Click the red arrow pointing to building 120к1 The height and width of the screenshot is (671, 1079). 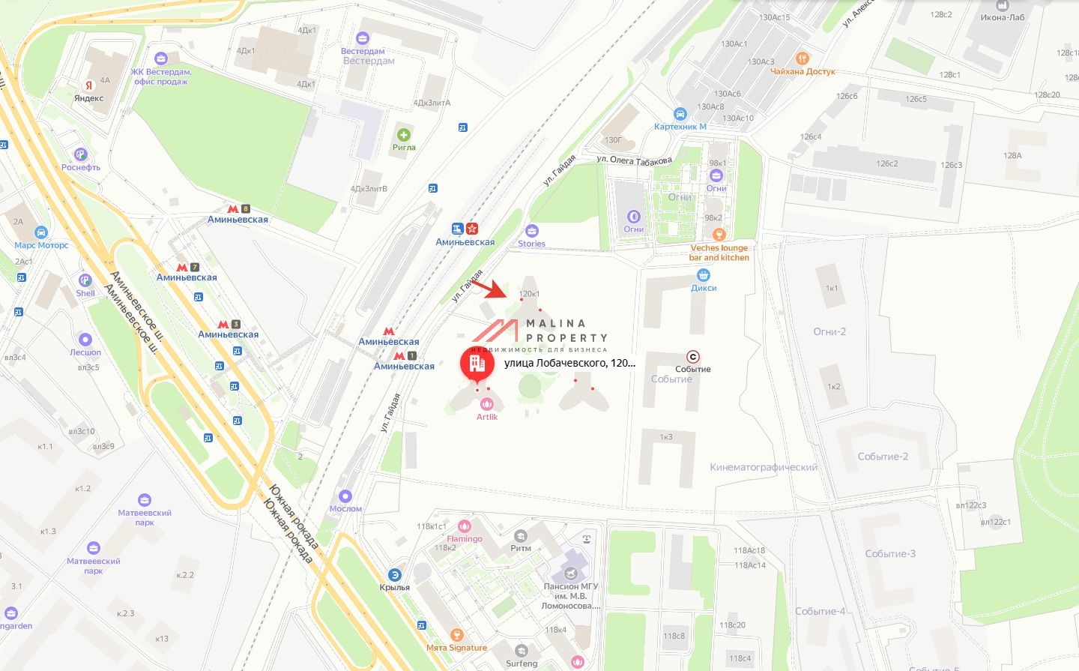(486, 288)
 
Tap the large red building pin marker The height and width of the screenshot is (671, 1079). (477, 364)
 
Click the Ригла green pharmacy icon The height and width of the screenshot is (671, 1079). (404, 135)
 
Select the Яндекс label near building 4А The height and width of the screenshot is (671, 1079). (88, 98)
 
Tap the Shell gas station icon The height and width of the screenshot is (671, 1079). (85, 280)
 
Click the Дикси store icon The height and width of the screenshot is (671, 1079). (704, 275)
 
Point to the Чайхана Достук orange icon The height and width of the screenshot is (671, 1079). (803, 58)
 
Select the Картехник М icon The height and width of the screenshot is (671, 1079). (680, 114)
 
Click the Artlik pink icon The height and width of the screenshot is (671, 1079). (487, 404)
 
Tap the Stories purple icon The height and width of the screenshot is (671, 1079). (532, 231)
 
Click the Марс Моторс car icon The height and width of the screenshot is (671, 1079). (41, 232)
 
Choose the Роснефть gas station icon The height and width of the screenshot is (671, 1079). (81, 154)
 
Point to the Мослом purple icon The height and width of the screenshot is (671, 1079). (345, 496)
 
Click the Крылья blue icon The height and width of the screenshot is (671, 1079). (395, 575)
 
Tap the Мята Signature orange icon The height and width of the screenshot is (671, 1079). (456, 635)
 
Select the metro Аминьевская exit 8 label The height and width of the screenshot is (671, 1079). (238, 220)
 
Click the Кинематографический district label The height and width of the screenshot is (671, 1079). (764, 467)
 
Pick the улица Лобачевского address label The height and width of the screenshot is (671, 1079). (569, 363)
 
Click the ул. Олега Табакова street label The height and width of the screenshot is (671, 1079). (634, 160)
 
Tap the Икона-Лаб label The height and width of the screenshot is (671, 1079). (1003, 17)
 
